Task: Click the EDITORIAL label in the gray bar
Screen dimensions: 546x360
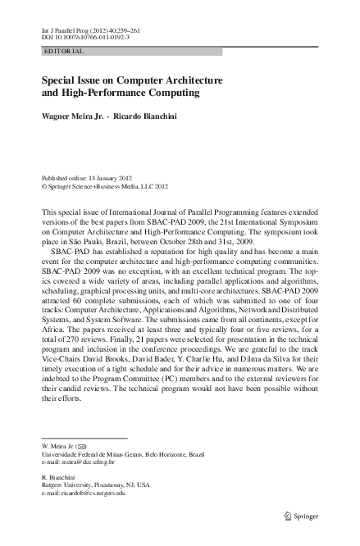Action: tap(63, 52)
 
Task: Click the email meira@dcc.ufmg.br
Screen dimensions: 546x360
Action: tap(78, 462)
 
